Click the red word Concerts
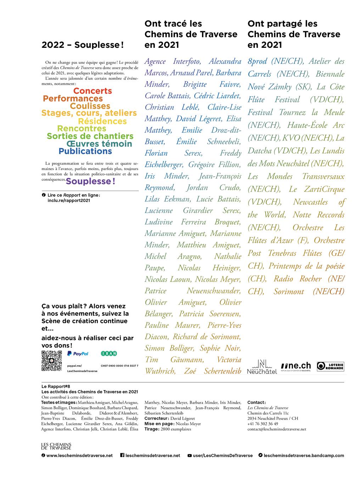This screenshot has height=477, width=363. (93, 91)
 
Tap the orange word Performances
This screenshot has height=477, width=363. (73, 99)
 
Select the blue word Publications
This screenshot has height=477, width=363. (85, 151)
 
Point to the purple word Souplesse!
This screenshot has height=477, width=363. (90, 181)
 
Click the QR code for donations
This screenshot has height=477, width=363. (52, 360)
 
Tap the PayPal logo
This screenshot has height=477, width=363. (78, 353)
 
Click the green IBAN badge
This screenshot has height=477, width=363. (109, 353)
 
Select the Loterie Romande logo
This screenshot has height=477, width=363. (330, 366)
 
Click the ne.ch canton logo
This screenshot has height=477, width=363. (296, 366)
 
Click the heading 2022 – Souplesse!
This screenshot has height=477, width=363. (83, 45)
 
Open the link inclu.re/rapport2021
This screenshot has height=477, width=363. (69, 200)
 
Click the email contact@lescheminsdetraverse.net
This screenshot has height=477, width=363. (277, 429)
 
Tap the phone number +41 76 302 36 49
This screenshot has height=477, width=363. (263, 424)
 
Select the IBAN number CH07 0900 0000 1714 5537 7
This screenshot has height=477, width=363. (119, 365)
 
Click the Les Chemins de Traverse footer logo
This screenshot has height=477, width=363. (56, 446)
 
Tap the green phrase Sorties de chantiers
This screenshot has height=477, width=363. (90, 136)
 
